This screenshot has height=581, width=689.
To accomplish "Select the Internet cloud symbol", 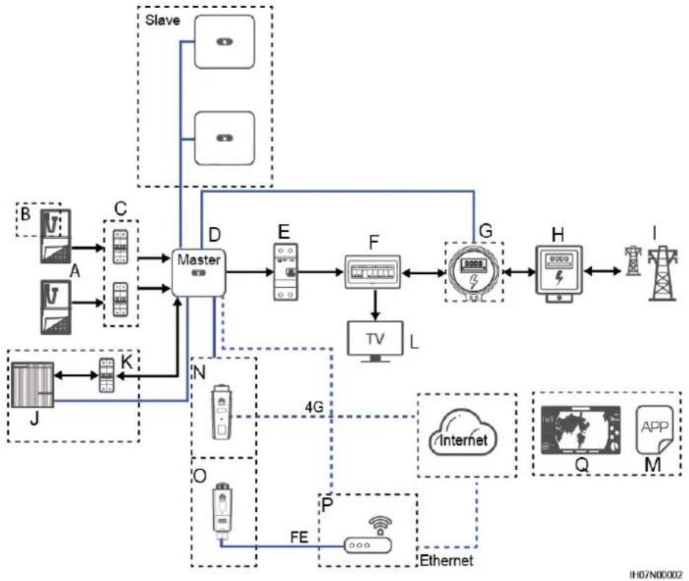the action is coord(463,435).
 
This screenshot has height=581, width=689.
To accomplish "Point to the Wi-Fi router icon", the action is coord(368,535).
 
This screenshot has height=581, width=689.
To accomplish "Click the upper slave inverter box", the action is coord(224,42).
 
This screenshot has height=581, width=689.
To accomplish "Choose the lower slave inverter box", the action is coord(224,138).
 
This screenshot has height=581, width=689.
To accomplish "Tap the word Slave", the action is coord(163,20).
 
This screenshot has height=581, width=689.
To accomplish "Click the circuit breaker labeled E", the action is coord(285,272).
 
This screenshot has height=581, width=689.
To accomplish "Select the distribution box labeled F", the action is coord(373,272).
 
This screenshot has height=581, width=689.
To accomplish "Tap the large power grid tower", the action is coord(663,273).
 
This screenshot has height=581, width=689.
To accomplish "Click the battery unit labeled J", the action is coord(32,384).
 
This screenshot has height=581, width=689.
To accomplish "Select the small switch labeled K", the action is coord(107,375).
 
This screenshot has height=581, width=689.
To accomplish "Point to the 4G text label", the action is coord(314,407).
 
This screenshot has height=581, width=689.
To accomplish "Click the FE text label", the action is coord(299,537).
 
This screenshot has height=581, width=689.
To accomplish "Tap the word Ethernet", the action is coord(446,560).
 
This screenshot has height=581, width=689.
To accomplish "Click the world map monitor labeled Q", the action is coord(580,431).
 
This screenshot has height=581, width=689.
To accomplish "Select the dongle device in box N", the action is coord(221,412).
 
